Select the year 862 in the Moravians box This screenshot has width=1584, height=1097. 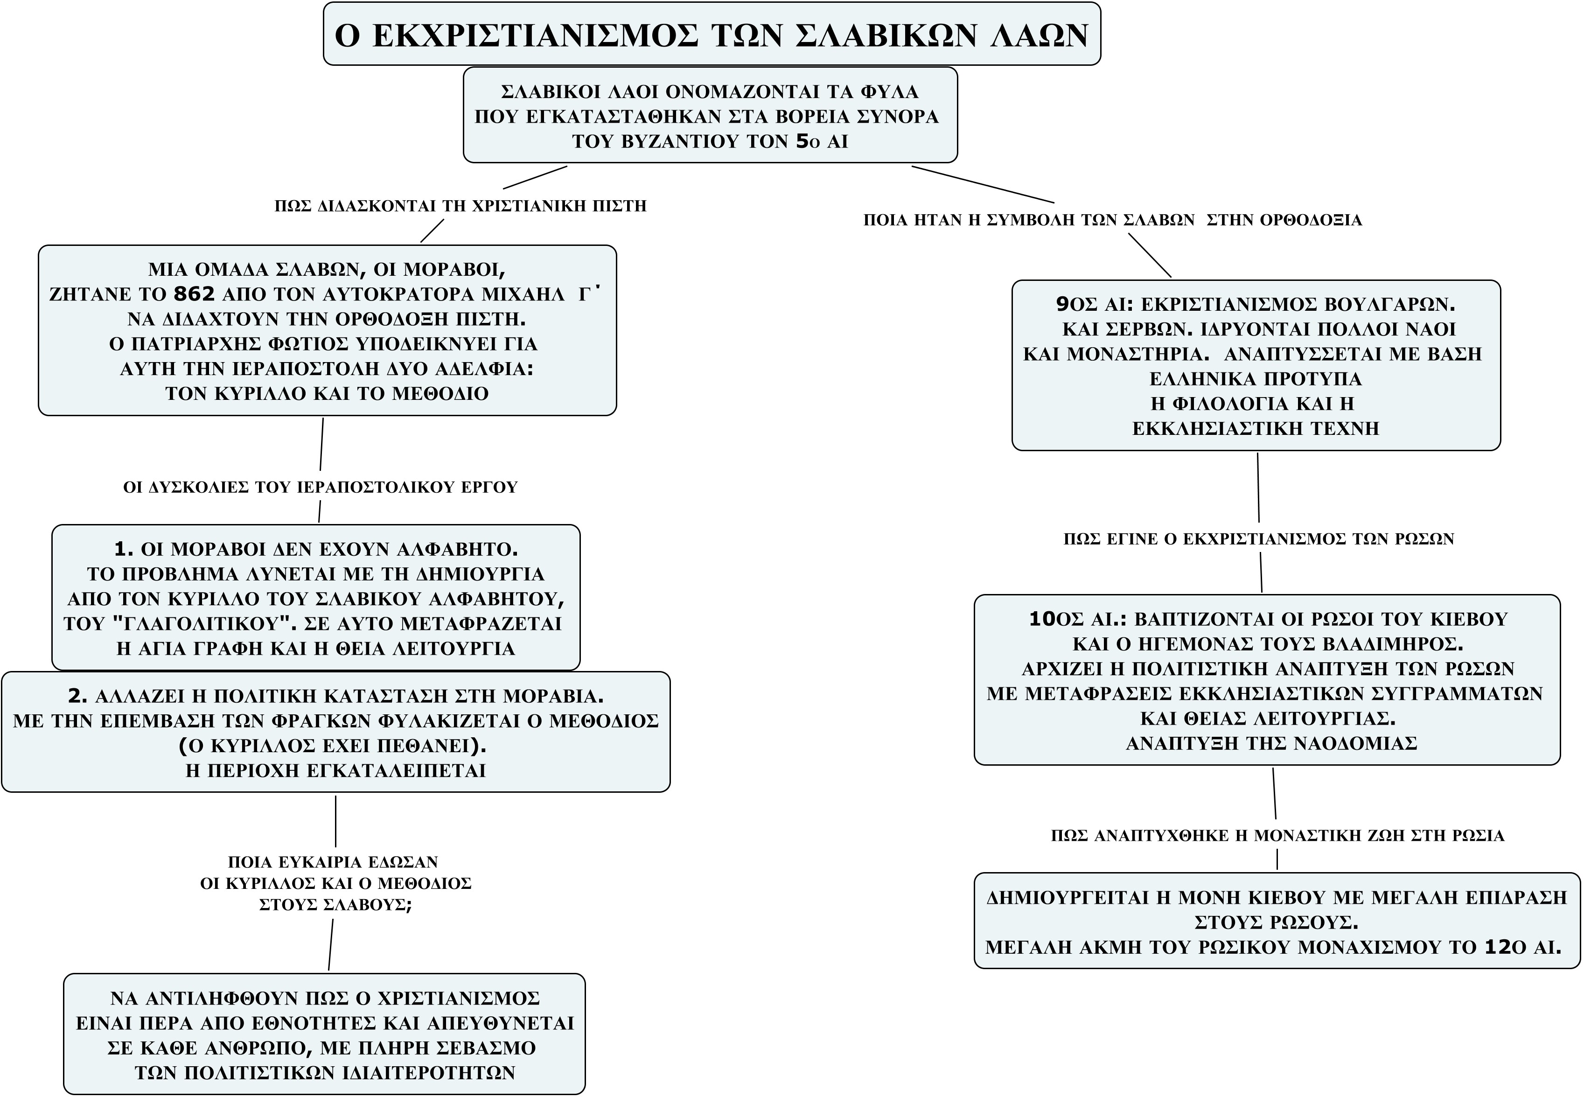click(x=194, y=294)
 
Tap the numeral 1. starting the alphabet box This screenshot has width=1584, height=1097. click(x=124, y=549)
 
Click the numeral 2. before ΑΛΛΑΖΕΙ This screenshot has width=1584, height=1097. click(x=77, y=696)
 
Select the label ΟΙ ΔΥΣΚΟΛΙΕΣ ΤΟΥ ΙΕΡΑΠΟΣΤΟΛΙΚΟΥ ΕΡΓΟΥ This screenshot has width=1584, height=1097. click(x=320, y=487)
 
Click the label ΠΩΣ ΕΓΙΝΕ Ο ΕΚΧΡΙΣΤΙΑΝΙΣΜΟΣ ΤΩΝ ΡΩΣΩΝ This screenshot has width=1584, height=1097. click(x=1259, y=539)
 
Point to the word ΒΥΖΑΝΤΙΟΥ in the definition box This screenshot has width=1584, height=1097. click(x=664, y=141)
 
